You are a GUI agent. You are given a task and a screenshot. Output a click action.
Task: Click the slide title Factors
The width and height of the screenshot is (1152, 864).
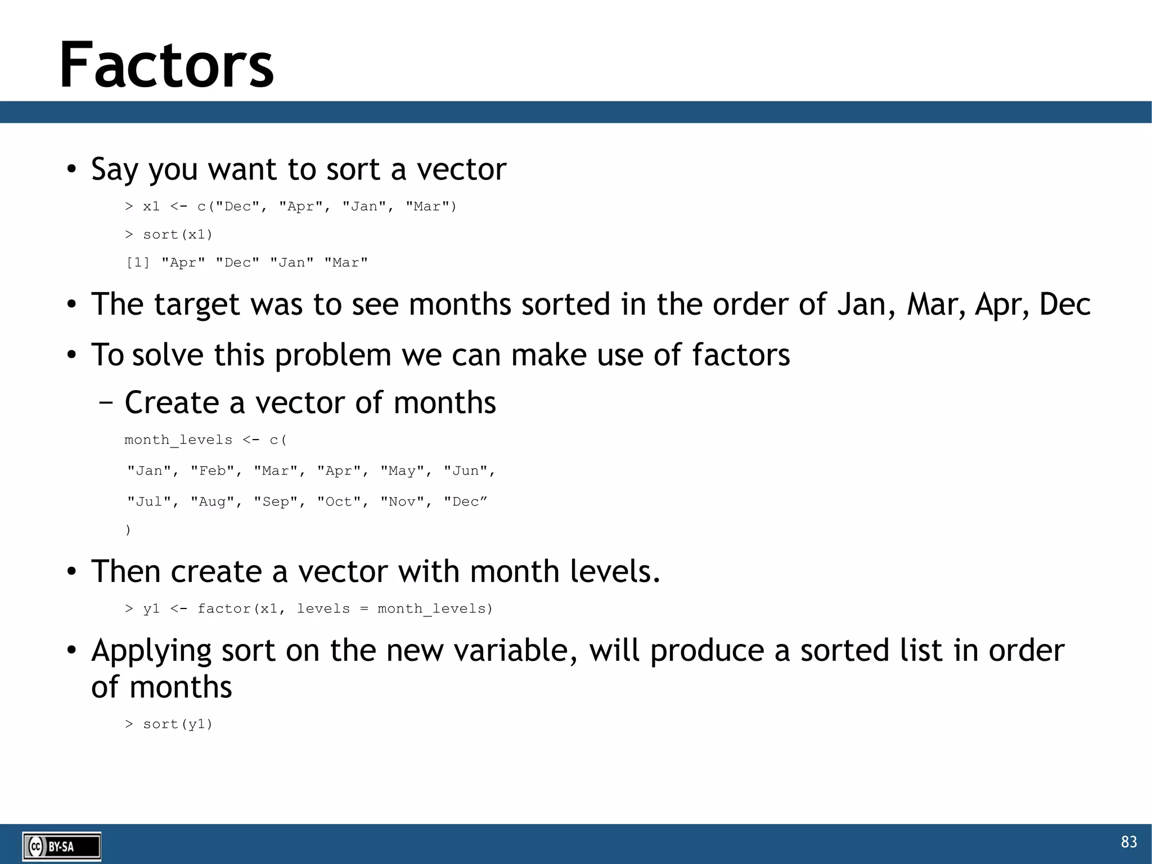tap(166, 65)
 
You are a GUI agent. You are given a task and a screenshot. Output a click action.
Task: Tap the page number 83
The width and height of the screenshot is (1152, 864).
tap(1128, 841)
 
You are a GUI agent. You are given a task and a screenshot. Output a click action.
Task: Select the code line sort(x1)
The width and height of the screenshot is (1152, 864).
tap(178, 235)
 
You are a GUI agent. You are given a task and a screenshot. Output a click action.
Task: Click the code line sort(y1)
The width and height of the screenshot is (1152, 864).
tap(178, 724)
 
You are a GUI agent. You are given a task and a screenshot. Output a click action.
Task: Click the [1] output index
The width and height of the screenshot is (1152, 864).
tap(138, 263)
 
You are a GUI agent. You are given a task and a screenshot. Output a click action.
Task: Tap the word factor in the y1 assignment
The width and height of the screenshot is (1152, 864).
tap(224, 609)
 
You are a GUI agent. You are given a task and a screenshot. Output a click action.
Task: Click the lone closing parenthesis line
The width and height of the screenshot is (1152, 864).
tap(128, 530)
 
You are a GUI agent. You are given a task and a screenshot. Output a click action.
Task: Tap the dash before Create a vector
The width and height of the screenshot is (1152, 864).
tap(105, 403)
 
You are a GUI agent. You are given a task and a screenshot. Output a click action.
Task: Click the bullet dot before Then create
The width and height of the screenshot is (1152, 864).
tap(71, 572)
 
